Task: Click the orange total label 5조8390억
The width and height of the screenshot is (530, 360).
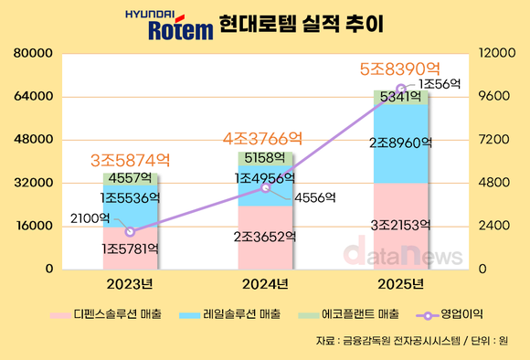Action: pos(400,69)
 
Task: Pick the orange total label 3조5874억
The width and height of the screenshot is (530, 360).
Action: pos(130,159)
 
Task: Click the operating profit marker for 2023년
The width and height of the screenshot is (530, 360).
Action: pos(130,231)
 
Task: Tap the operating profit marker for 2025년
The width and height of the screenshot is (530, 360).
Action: pos(400,89)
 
